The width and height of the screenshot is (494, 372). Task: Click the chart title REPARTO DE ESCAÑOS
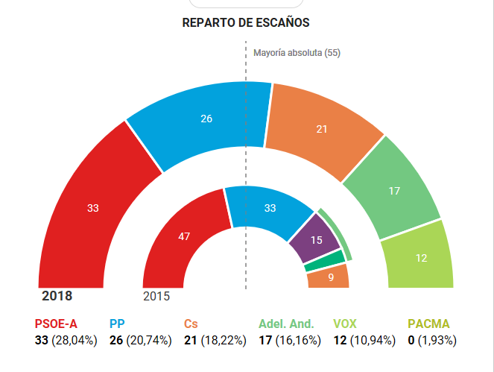(246, 23)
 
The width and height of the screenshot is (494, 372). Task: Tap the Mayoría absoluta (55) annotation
(297, 54)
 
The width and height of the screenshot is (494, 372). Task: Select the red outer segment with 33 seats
(93, 208)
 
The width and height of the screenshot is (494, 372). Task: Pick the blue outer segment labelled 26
(206, 118)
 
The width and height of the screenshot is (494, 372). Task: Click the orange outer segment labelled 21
(322, 129)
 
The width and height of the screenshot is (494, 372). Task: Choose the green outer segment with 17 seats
(394, 191)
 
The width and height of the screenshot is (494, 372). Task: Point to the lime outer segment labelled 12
(422, 257)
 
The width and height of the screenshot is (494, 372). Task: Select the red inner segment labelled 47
(184, 237)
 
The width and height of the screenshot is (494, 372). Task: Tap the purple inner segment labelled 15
(315, 240)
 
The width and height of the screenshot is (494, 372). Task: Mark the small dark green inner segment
(326, 260)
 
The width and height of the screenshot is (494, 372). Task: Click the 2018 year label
(57, 296)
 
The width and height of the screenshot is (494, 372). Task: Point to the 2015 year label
(156, 296)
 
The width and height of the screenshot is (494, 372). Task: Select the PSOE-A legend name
(56, 324)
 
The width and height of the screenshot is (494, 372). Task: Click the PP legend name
(118, 324)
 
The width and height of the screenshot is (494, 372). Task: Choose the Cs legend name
(191, 324)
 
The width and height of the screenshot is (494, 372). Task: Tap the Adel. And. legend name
(287, 324)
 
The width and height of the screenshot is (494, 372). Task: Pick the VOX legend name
(345, 324)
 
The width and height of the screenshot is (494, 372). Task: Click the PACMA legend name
(428, 324)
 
